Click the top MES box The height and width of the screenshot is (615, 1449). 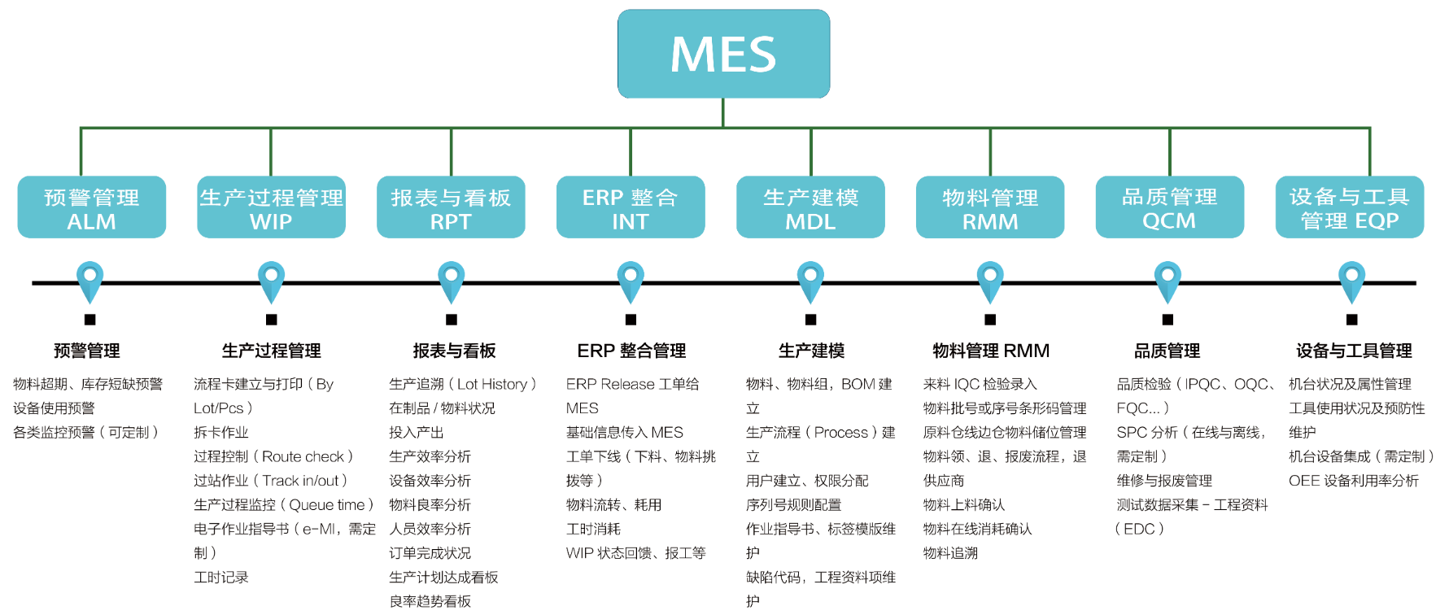point(723,54)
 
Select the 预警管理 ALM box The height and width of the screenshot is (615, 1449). point(91,207)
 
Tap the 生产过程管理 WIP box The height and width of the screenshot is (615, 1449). point(271,207)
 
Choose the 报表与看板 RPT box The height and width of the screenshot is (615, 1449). point(451,207)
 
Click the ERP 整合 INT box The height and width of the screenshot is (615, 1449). point(631,207)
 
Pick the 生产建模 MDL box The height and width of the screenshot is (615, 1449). point(810,207)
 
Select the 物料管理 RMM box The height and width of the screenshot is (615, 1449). point(990,207)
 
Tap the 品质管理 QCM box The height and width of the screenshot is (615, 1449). point(1169,207)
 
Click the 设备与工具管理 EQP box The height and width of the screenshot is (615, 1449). point(1349,207)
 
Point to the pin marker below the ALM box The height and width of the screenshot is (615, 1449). point(90,280)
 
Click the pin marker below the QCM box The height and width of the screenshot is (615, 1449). point(1168,280)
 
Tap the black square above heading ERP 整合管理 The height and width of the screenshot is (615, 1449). point(631,320)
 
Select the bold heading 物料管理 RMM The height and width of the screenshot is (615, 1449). point(991,351)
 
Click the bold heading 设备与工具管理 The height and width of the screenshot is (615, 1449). point(1354,351)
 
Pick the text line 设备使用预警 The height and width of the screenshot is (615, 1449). point(54,408)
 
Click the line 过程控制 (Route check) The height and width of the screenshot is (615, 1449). point(273,456)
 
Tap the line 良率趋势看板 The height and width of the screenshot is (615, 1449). point(430,601)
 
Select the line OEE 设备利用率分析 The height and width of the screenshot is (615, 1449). point(1353,481)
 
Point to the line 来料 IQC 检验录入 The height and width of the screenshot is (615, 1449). point(980,384)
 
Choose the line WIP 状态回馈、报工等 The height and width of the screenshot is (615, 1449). point(635,553)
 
